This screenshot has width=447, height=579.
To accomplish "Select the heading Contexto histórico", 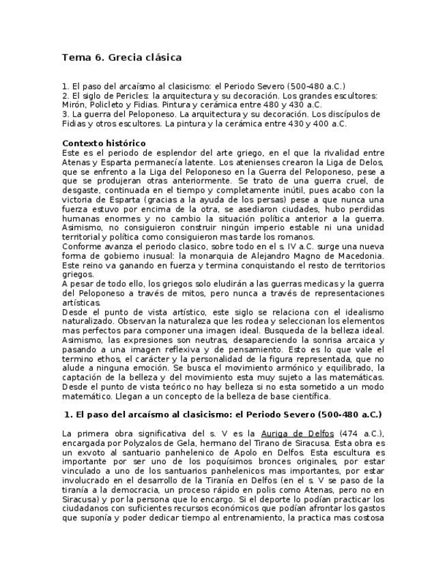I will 104,143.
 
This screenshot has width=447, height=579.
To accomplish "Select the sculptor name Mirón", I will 73,105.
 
